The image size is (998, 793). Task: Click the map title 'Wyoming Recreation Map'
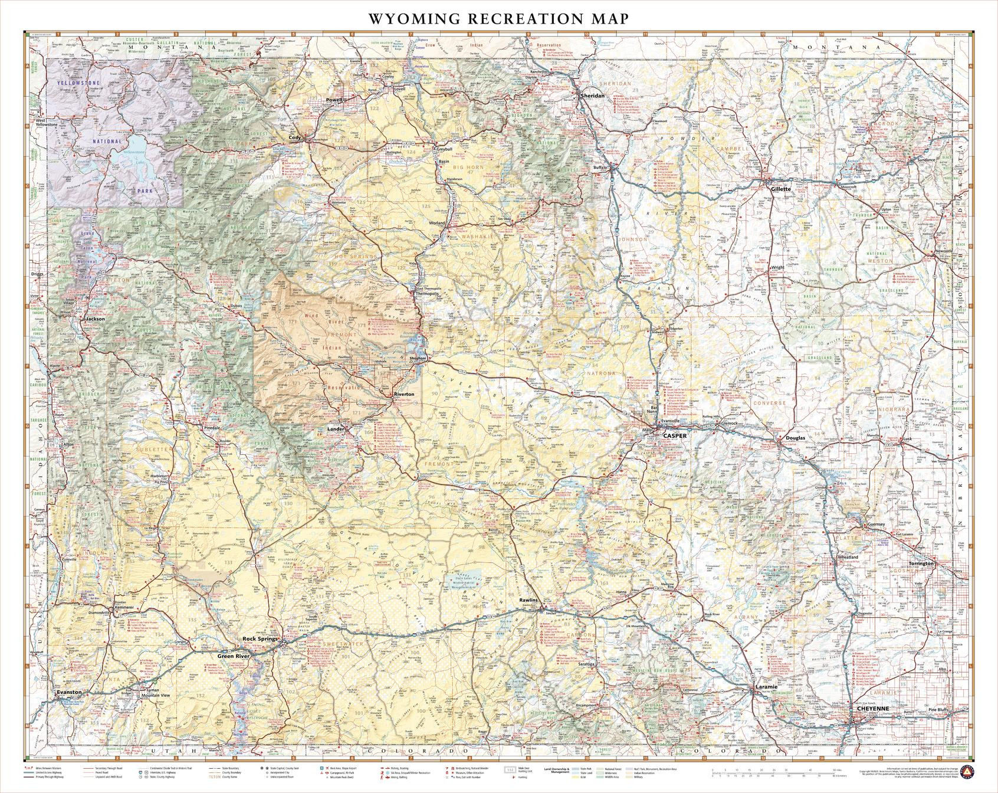click(x=498, y=18)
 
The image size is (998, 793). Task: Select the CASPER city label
click(x=675, y=435)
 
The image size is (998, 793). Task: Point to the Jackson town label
click(x=95, y=319)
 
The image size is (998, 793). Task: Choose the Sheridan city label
click(x=593, y=95)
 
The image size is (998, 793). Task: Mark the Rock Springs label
click(x=260, y=639)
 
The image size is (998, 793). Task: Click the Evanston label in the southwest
click(x=70, y=692)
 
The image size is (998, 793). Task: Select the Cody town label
click(x=295, y=137)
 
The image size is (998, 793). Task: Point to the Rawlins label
click(x=529, y=600)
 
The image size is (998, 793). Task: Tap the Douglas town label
click(x=795, y=438)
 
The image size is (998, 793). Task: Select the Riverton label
click(x=405, y=394)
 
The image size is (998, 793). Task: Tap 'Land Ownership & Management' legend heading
click(x=557, y=772)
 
